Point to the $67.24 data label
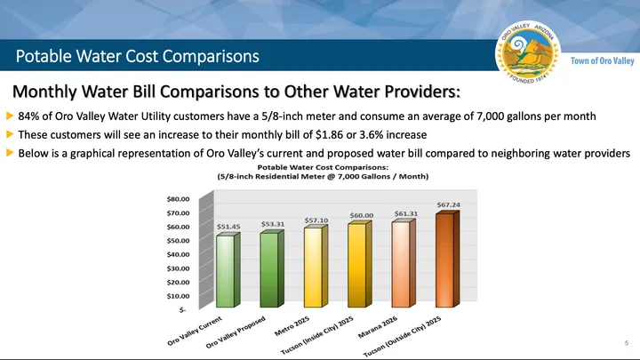point(449,205)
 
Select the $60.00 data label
point(362,215)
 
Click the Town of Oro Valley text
point(602,60)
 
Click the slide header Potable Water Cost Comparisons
point(138,56)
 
